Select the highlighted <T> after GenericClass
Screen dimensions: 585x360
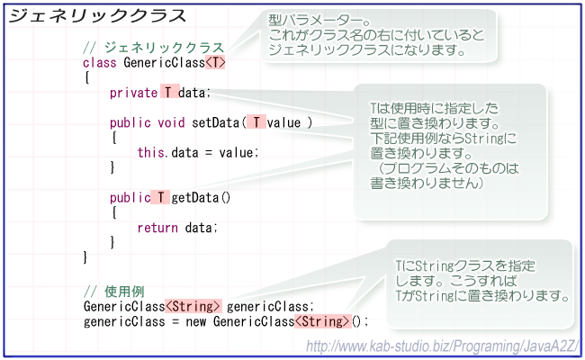(215, 62)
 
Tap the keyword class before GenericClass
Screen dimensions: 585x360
(100, 63)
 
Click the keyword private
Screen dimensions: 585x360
(133, 93)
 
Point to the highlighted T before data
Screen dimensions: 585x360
(169, 92)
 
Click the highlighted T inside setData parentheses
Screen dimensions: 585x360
(256, 122)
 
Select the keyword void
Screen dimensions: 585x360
(171, 122)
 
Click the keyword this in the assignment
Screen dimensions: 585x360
(150, 152)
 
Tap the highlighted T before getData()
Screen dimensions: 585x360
(161, 197)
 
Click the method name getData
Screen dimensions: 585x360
(195, 198)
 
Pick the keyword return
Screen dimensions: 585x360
(157, 228)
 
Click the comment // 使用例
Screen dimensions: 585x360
(113, 292)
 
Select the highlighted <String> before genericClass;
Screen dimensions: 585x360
(193, 306)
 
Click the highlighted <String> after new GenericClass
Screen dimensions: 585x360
(323, 321)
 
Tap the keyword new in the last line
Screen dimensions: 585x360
(196, 321)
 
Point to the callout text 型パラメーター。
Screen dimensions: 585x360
(321, 20)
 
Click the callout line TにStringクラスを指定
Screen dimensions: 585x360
(465, 266)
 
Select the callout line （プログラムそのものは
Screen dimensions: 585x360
(447, 168)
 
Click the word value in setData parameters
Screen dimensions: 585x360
(283, 122)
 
